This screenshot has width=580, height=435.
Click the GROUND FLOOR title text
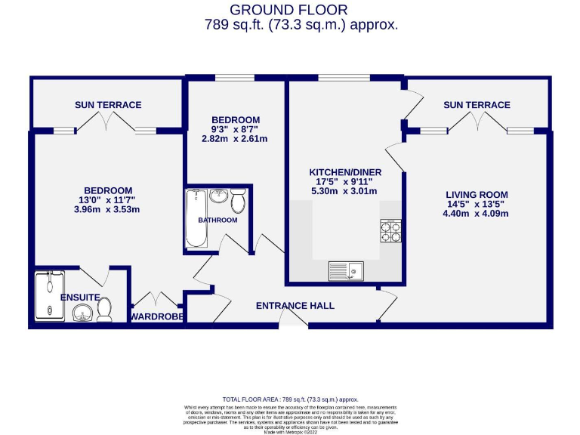pyautogui.click(x=288, y=10)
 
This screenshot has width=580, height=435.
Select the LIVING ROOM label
pyautogui.click(x=476, y=195)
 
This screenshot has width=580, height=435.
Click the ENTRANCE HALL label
pyautogui.click(x=295, y=306)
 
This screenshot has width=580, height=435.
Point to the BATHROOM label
pyautogui.click(x=217, y=221)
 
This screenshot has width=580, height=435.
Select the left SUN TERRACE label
pyautogui.click(x=108, y=105)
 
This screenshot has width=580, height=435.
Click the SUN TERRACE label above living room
pyautogui.click(x=477, y=105)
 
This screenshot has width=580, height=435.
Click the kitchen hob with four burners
pyautogui.click(x=390, y=230)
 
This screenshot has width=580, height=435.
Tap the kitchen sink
pyautogui.click(x=346, y=270)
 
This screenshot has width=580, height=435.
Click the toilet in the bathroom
pyautogui.click(x=239, y=201)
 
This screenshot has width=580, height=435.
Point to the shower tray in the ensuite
pyautogui.click(x=50, y=297)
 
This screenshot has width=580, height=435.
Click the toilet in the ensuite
pyautogui.click(x=104, y=309)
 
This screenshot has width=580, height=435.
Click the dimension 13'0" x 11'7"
pyautogui.click(x=108, y=200)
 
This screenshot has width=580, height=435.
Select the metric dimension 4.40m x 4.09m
pyautogui.click(x=476, y=214)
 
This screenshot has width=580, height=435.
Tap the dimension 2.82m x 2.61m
pyautogui.click(x=235, y=139)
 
